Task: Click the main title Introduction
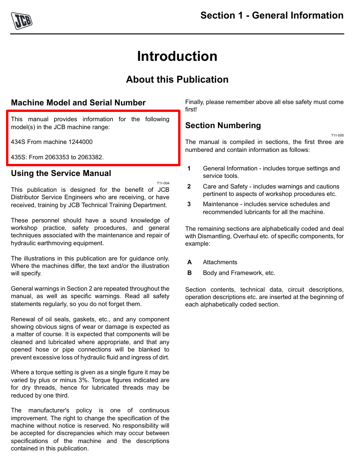(177, 56)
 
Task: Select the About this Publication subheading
(177, 79)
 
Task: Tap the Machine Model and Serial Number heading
(78, 103)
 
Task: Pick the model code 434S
(19, 142)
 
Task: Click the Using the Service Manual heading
(61, 173)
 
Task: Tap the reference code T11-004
(163, 183)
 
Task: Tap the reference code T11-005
(337, 135)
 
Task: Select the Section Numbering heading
(223, 125)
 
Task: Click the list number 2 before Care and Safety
(189, 187)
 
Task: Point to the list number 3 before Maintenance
(189, 204)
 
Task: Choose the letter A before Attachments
(189, 262)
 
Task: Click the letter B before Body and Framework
(189, 273)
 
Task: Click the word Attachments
(220, 262)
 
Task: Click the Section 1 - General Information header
(272, 15)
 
